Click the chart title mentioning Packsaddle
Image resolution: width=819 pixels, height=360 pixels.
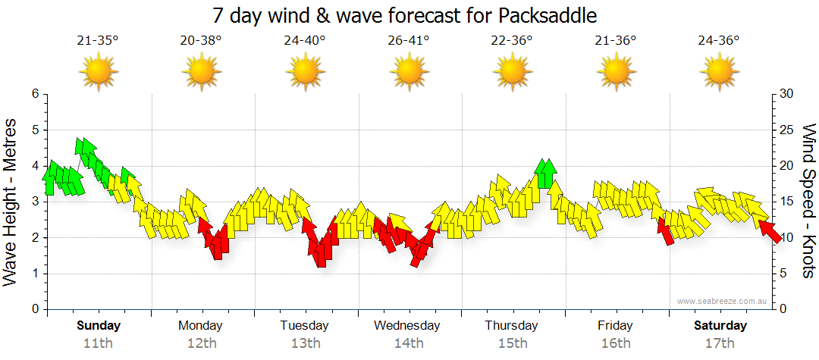[409, 15]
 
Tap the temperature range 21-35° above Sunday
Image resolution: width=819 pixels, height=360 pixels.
[98, 41]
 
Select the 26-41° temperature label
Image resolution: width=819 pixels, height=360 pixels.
[409, 41]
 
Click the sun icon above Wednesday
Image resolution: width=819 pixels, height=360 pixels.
[409, 72]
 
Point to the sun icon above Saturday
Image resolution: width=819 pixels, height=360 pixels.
[719, 72]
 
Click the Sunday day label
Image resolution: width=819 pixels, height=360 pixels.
[98, 326]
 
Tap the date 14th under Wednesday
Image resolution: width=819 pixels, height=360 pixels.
[409, 343]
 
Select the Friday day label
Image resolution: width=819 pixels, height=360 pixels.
[615, 326]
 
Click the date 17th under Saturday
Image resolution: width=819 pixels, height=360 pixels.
[719, 343]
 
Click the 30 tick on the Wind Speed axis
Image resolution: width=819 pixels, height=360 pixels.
[786, 94]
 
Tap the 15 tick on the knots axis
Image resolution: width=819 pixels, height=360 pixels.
[786, 202]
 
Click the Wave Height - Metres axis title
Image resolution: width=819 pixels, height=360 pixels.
[11, 202]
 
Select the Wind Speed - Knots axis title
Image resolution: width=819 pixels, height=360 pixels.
[808, 202]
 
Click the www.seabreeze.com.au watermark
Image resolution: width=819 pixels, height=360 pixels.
[723, 301]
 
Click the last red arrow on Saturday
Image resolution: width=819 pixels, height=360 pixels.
[770, 230]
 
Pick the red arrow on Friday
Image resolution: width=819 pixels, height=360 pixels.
[665, 230]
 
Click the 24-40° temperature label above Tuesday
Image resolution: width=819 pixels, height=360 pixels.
[305, 41]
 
